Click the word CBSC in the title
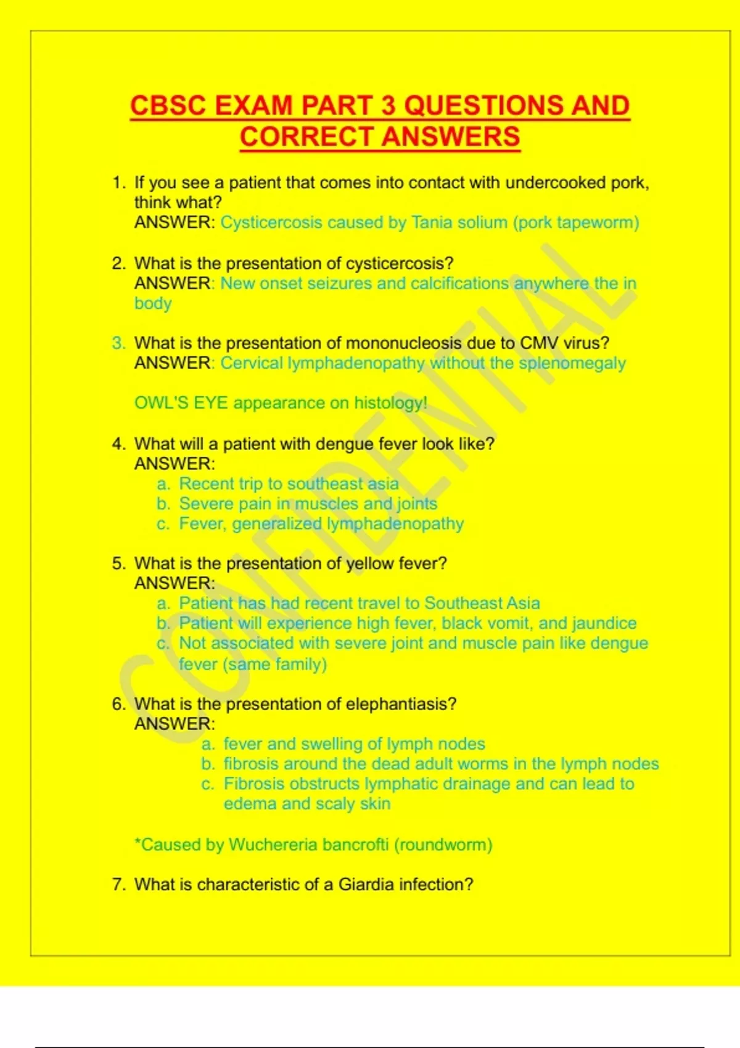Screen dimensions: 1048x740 coord(168,105)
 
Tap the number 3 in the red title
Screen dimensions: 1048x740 coord(388,105)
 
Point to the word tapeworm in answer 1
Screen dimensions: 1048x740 coord(594,223)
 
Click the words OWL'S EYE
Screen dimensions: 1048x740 coord(181,403)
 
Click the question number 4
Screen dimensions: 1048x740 coord(118,444)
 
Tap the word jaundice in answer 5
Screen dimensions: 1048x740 coord(604,623)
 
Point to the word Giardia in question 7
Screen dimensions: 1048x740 coord(366,885)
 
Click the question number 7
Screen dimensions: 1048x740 coord(118,885)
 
